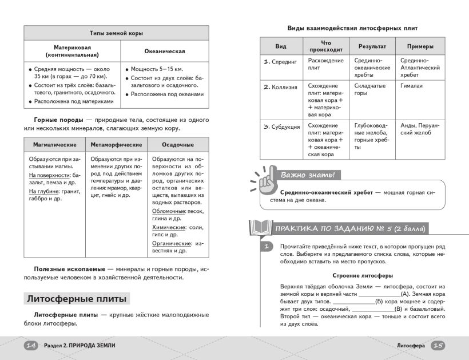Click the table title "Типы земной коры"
point(116,33)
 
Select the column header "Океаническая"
point(164,51)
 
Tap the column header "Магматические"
point(54,145)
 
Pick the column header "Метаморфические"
point(116,145)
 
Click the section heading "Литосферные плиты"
point(77,298)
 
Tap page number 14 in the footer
point(31,345)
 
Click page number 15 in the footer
point(438,345)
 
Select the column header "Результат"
point(372,46)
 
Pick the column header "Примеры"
point(420,46)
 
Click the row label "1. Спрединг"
point(280,61)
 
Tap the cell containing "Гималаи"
point(411,86)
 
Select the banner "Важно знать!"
point(307,175)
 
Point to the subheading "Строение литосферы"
point(363,275)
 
